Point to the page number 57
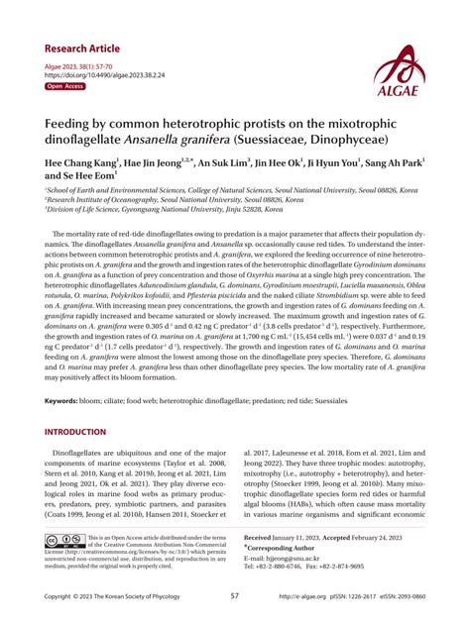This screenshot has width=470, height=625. [234, 596]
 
